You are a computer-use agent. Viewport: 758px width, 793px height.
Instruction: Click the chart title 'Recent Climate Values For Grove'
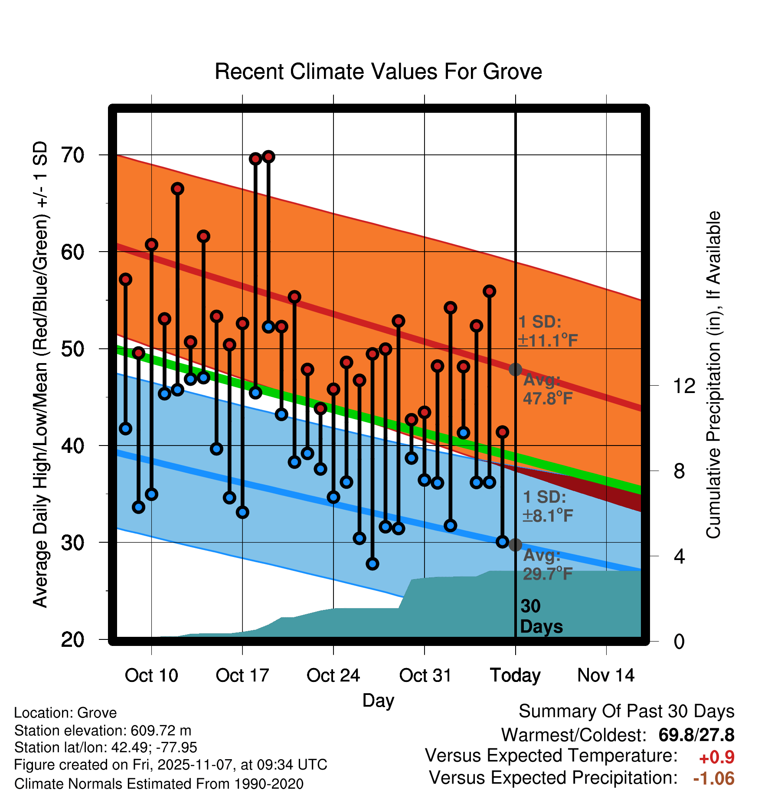(378, 72)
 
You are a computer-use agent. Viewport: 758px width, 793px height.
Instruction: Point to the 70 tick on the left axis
(73, 155)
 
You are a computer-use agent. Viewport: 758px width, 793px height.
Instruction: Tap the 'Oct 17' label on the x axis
(242, 675)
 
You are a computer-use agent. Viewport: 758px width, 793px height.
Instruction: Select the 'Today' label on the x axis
(515, 675)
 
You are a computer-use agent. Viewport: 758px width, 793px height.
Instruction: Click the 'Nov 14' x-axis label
(606, 675)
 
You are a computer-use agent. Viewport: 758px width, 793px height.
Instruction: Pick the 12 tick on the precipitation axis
(684, 386)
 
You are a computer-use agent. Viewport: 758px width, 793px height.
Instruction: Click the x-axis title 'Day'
(378, 701)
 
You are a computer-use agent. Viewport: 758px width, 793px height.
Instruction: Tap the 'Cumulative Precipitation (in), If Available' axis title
(713, 375)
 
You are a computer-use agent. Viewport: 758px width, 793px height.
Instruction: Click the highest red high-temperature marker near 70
(268, 157)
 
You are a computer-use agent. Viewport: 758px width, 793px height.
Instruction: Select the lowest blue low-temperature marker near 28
(372, 564)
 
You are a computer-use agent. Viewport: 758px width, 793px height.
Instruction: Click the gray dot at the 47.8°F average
(515, 370)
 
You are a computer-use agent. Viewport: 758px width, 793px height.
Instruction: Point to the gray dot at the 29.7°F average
(515, 545)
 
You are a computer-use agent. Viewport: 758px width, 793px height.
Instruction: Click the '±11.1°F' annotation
(548, 341)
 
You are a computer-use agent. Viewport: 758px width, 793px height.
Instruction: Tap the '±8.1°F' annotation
(548, 516)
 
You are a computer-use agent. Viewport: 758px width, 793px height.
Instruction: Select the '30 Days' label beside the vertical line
(541, 616)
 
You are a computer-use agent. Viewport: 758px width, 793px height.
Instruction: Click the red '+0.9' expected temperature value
(716, 757)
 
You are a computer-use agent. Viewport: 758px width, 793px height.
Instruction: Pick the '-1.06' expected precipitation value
(713, 779)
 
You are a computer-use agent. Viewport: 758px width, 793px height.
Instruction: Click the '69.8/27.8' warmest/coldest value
(696, 735)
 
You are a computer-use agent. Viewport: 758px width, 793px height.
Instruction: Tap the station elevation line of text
(103, 731)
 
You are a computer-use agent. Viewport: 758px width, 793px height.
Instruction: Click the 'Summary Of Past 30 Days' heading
(626, 711)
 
